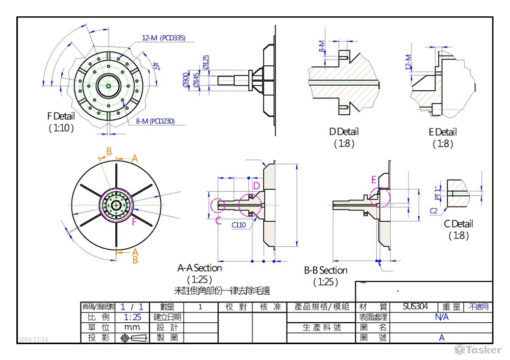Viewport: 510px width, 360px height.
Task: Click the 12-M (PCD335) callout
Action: [x=164, y=38]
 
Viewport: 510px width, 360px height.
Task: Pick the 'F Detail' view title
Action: [x=61, y=116]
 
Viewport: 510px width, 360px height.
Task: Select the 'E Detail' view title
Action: [x=442, y=133]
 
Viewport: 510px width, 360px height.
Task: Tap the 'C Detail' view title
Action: [x=458, y=224]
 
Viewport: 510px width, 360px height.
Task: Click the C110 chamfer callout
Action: [x=238, y=225]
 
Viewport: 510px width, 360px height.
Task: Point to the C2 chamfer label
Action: [x=434, y=210]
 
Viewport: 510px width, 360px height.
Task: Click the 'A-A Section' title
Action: [x=199, y=268]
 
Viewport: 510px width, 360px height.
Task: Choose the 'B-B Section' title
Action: [x=325, y=270]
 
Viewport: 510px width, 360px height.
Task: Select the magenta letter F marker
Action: [x=134, y=222]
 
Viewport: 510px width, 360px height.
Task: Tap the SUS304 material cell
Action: [x=413, y=307]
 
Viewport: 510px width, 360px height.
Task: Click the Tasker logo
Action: [x=478, y=350]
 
